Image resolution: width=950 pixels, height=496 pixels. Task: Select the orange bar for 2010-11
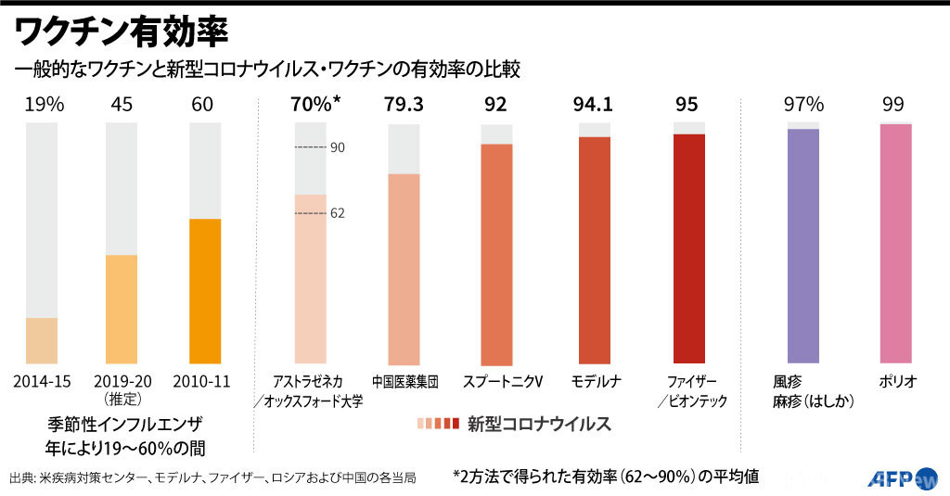click(204, 291)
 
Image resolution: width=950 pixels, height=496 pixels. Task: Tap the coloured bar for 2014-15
click(42, 340)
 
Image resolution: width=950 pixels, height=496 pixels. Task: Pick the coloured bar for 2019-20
click(122, 309)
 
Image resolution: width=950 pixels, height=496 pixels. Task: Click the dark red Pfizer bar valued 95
click(689, 248)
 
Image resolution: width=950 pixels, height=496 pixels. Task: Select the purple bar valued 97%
click(803, 246)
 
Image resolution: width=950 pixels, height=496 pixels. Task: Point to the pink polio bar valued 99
click(896, 243)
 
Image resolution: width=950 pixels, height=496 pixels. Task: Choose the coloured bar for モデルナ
click(595, 250)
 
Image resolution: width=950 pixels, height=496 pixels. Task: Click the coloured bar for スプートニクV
click(496, 253)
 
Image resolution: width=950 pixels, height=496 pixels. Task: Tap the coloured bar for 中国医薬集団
click(404, 268)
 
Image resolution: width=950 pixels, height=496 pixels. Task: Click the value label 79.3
click(404, 105)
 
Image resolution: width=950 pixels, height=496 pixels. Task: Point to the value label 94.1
click(595, 105)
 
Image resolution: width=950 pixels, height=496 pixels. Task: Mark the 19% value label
click(45, 105)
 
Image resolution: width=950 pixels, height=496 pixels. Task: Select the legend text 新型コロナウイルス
click(538, 424)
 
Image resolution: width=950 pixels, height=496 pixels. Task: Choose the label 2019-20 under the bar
click(122, 381)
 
